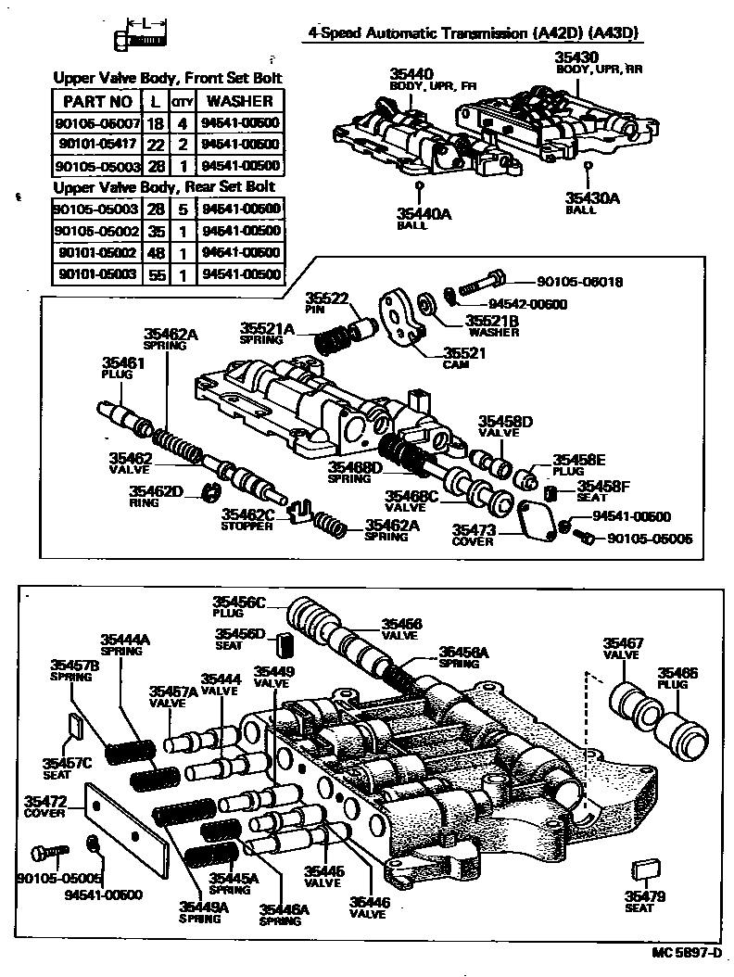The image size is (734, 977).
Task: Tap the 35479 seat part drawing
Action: [642, 869]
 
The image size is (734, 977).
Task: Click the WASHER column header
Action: [239, 101]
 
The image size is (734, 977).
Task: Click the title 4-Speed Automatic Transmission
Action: [475, 35]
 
